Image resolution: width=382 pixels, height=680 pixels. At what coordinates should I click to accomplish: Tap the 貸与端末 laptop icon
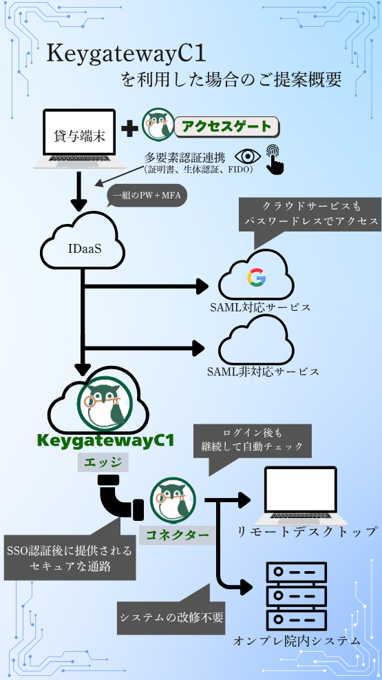point(80,139)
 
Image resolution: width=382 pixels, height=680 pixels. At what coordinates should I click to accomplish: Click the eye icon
point(248,156)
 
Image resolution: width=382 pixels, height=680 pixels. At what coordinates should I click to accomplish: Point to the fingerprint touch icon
point(275,159)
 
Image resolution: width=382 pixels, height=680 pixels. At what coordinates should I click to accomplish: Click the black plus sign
point(129,129)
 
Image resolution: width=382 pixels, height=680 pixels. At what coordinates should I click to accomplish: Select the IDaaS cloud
point(82,245)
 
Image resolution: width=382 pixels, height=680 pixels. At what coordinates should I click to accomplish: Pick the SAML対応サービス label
point(260,307)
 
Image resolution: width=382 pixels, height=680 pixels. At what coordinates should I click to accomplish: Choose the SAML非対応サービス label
point(263,371)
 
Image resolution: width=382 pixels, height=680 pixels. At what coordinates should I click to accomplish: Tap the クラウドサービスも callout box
point(311,214)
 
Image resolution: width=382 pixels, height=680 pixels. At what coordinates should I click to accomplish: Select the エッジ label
point(103,463)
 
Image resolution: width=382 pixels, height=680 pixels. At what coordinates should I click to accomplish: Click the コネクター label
point(177,535)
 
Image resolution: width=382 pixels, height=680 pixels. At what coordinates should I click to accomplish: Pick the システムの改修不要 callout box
point(171,617)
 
